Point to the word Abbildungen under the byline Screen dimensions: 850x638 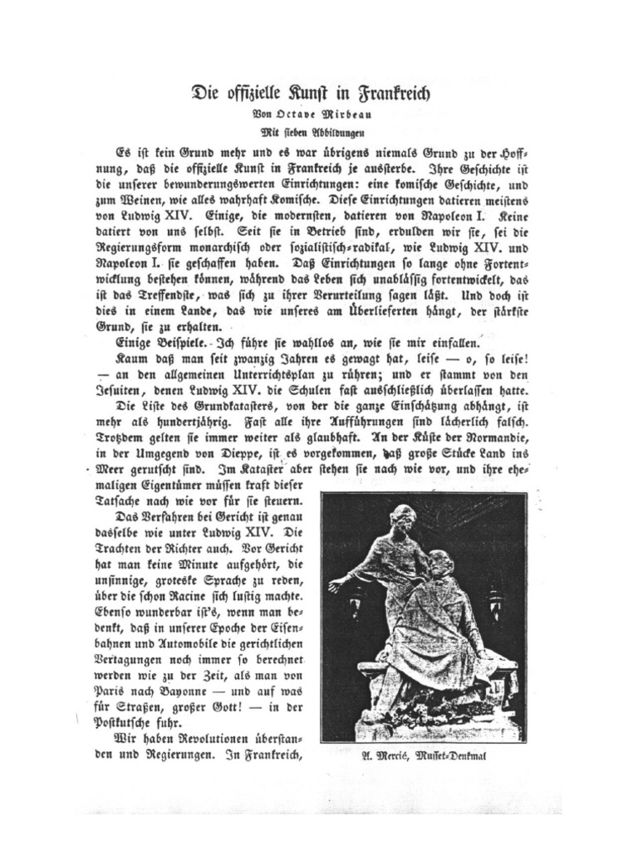pos(340,131)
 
